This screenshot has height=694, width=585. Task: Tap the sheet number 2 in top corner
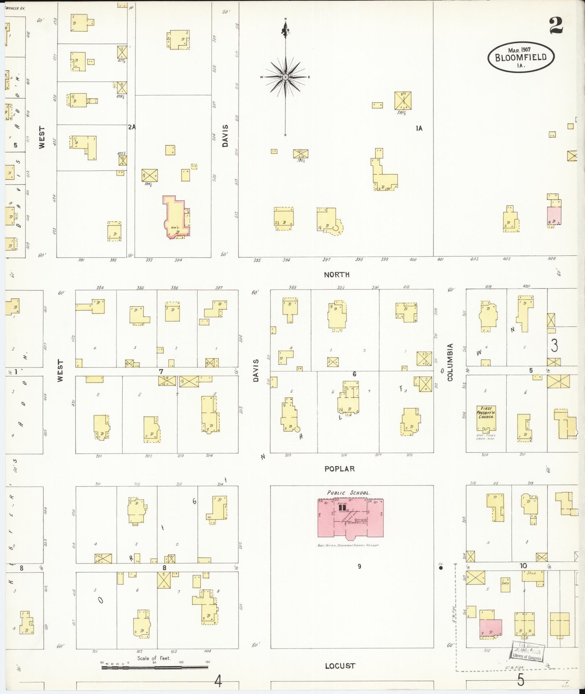pos(556,25)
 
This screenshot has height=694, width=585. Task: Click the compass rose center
pos(285,77)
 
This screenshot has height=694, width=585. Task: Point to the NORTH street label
pos(337,275)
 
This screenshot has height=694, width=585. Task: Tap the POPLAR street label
pos(339,469)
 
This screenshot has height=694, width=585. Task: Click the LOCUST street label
pos(340,666)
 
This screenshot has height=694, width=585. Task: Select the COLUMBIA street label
pos(450,362)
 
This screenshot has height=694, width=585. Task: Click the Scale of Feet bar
pos(154,667)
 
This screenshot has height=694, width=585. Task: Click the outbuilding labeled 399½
pos(403,100)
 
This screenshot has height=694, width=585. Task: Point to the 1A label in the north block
pos(419,128)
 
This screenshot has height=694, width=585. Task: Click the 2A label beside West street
pos(131,127)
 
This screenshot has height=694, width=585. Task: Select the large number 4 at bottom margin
pos(218,681)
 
